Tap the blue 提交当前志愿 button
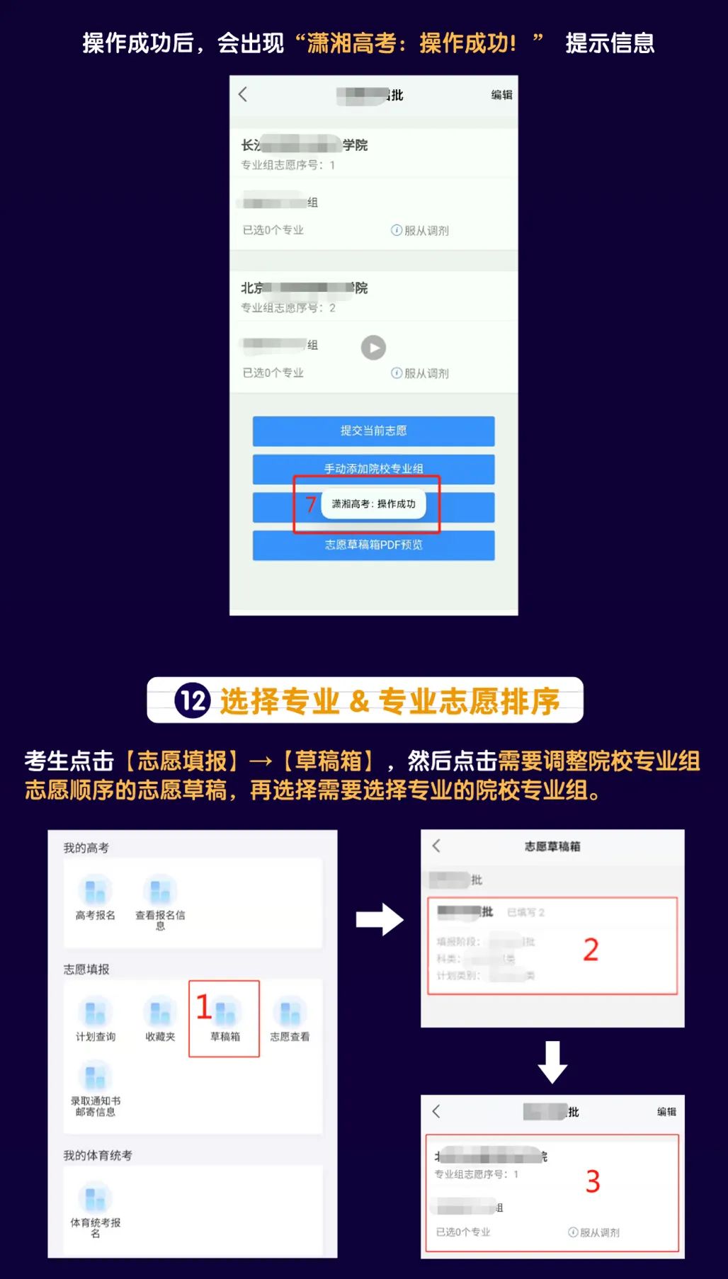pos(373,431)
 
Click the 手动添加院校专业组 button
pos(373,468)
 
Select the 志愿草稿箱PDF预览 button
pos(373,545)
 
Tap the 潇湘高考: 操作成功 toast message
pos(373,504)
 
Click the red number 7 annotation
pos(310,504)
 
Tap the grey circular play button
pos(373,348)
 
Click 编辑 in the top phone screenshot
pos(501,95)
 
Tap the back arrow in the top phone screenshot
pos(243,94)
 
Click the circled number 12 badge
pos(193,700)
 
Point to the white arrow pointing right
pos(380,919)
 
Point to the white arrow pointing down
pos(552,1062)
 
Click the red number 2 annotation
pos(591,950)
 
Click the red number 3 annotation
pos(593,1181)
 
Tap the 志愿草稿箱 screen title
pos(552,846)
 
